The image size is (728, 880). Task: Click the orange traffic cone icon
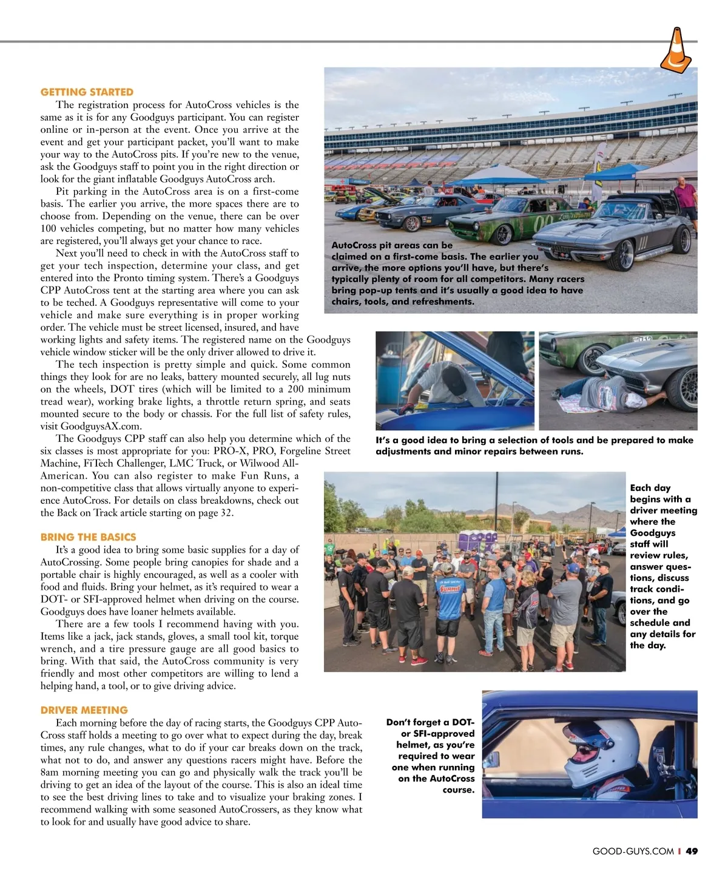[x=676, y=50]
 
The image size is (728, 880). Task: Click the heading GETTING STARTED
[x=87, y=92]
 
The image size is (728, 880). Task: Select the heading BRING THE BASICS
[x=88, y=537]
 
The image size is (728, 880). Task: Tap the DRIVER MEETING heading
[x=84, y=710]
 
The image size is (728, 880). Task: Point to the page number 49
[x=692, y=851]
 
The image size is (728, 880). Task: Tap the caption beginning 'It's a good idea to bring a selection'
[x=534, y=445]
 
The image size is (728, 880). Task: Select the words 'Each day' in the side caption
[x=650, y=488]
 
